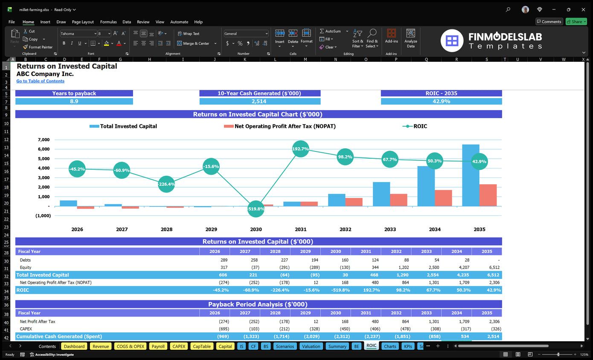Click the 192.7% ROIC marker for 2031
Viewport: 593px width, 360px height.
[x=300, y=149]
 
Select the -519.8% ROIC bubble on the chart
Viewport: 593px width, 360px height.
[x=256, y=209]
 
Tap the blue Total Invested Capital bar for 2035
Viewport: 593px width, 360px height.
[x=471, y=175]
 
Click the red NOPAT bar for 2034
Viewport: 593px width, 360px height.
[x=443, y=198]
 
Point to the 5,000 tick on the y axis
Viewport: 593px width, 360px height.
[x=44, y=159]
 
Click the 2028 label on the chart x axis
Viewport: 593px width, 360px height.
[x=166, y=229]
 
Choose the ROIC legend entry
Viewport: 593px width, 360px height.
[x=415, y=126]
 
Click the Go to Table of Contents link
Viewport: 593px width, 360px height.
[x=40, y=81]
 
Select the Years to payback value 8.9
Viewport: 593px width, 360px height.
[x=74, y=102]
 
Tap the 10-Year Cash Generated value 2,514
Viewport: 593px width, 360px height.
[x=260, y=102]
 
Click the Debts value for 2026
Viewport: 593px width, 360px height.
[x=224, y=260]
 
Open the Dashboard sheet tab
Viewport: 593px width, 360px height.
[x=74, y=346]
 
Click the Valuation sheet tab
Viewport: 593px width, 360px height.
[x=311, y=346]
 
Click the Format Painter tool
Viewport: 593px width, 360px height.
[x=38, y=47]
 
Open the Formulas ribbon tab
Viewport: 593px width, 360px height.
[x=108, y=22]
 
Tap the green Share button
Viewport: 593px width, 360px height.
[x=576, y=22]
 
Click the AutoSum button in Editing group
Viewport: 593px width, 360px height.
[x=330, y=31]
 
